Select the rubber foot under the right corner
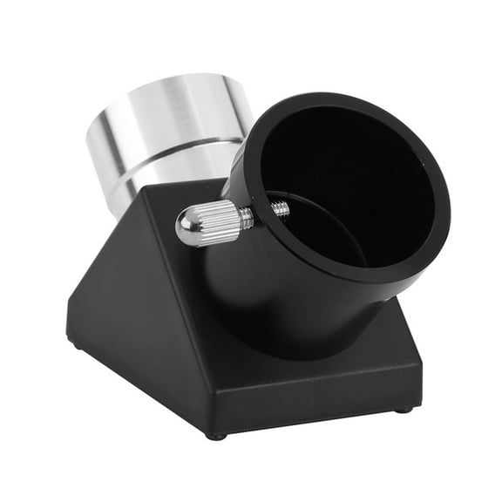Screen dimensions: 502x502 click(x=402, y=409)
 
